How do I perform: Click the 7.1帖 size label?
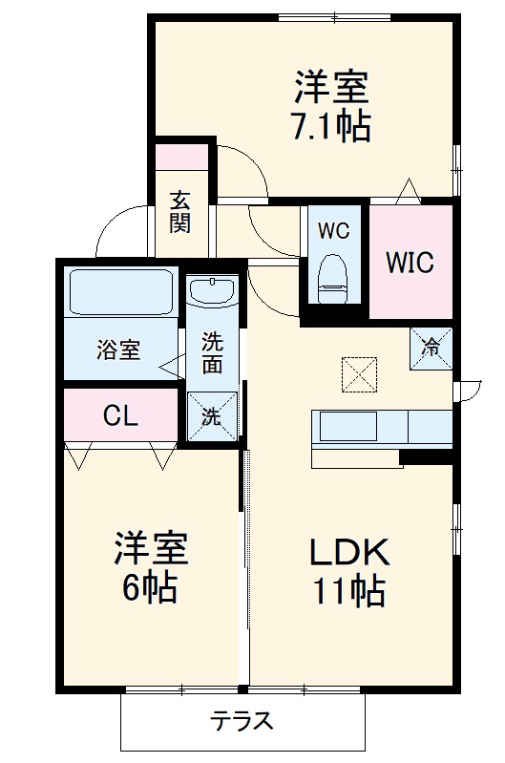[331, 127]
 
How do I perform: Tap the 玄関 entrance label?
[180, 212]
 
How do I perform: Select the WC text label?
[333, 230]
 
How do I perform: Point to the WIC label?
[410, 261]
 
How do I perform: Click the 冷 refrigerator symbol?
[431, 347]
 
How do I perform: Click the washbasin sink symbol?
[212, 290]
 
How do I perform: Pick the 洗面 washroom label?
[212, 351]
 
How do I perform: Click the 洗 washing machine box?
[212, 415]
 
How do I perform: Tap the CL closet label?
[120, 415]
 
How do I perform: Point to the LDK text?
[348, 553]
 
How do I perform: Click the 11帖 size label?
[348, 592]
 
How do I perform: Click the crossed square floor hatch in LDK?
[359, 373]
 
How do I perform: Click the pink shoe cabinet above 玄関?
[181, 155]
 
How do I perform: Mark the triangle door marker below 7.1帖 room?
[410, 190]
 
